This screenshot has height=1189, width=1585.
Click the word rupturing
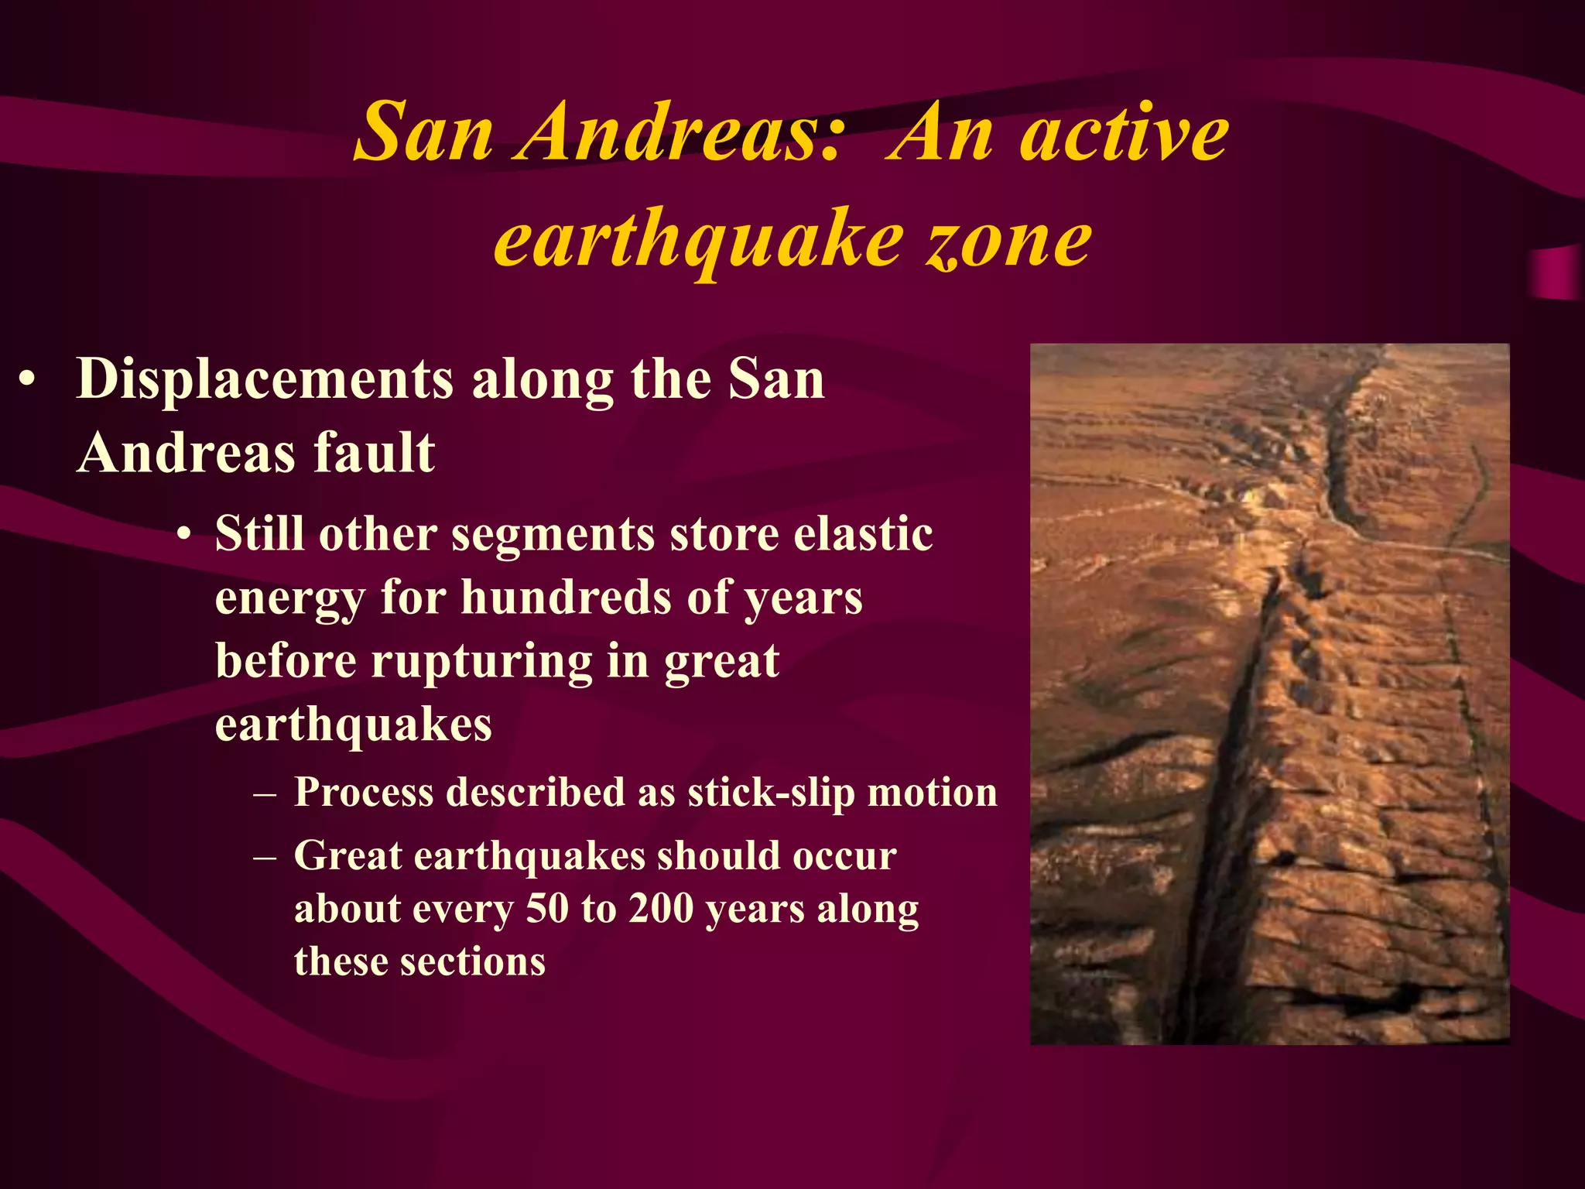tap(482, 663)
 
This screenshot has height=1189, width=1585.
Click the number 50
tap(547, 909)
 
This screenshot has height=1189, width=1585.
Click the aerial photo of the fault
tap(1269, 694)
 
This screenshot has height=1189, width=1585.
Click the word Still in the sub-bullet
tap(260, 534)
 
